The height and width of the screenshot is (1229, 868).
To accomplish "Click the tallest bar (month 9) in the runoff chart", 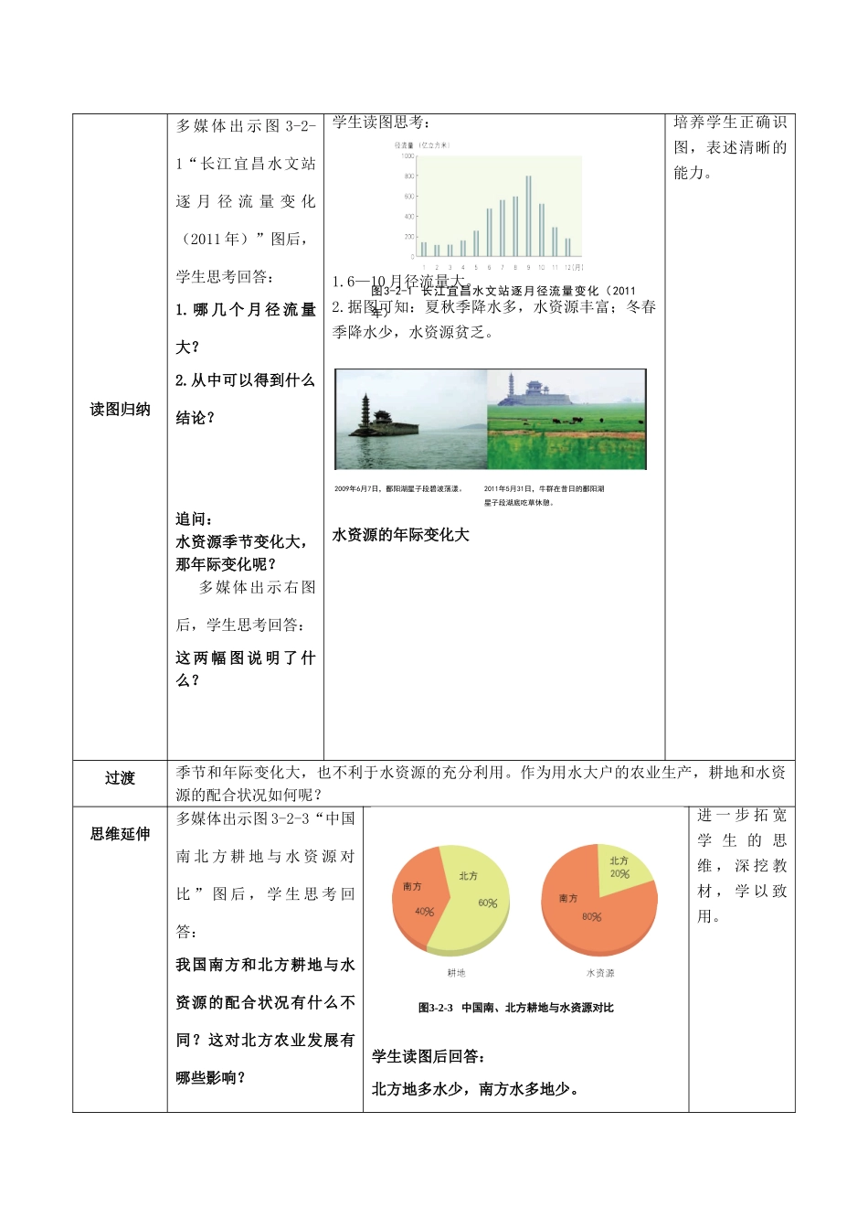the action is pyautogui.click(x=528, y=216).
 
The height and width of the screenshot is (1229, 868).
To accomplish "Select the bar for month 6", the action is pyautogui.click(x=489, y=232).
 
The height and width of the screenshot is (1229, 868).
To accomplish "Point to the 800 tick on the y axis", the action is pyautogui.click(x=408, y=176).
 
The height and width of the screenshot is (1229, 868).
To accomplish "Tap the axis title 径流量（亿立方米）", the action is pyautogui.click(x=422, y=145).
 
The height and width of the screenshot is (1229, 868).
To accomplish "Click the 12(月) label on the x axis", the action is pyautogui.click(x=573, y=268).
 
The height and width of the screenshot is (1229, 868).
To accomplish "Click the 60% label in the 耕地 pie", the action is pyautogui.click(x=488, y=903).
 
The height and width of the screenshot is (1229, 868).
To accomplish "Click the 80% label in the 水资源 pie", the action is pyautogui.click(x=591, y=917).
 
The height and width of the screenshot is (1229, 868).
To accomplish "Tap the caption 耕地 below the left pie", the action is pyautogui.click(x=456, y=973).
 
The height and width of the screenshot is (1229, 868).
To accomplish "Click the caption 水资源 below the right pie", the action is pyautogui.click(x=600, y=973).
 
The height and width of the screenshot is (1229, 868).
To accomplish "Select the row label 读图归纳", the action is pyautogui.click(x=120, y=410).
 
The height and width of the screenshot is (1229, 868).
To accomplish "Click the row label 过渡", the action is pyautogui.click(x=120, y=778).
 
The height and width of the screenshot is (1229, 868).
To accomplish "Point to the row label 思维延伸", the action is pyautogui.click(x=120, y=834).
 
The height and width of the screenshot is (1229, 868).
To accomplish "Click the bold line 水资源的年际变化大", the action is pyautogui.click(x=400, y=535).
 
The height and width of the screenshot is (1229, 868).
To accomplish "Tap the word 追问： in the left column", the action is pyautogui.click(x=195, y=519).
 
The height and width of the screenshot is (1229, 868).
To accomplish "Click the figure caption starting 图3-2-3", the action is pyautogui.click(x=515, y=1008).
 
